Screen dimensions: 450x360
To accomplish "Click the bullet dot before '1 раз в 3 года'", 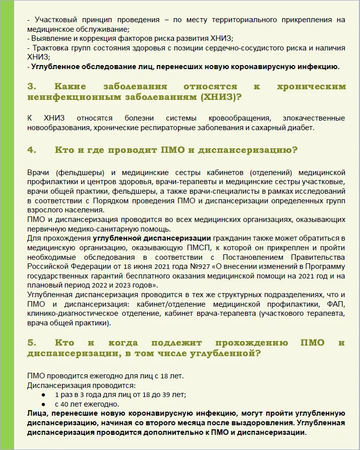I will (44, 395).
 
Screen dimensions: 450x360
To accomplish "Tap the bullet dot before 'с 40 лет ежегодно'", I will (44, 404).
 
